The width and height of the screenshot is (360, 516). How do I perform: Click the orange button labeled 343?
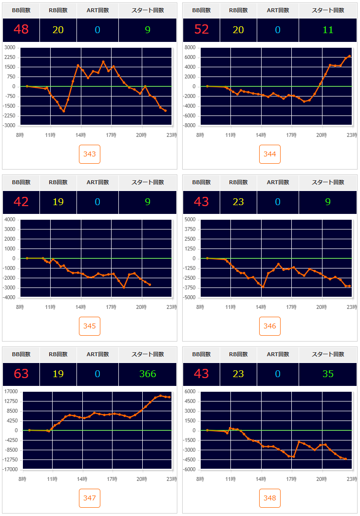[90, 154]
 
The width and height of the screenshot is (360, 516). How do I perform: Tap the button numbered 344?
[270, 154]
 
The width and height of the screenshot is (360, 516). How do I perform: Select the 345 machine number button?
[90, 326]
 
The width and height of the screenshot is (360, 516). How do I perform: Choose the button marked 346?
[270, 326]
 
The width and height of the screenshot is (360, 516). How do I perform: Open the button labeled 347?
[90, 498]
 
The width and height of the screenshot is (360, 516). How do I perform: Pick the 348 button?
[270, 498]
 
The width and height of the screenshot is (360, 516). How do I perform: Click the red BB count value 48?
[21, 30]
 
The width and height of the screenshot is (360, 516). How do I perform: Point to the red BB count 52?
[202, 30]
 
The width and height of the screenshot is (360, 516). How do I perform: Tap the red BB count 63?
[21, 374]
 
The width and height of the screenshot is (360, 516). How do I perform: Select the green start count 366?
[148, 374]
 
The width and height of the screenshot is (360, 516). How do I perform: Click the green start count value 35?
[328, 374]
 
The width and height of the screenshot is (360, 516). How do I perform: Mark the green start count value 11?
[328, 30]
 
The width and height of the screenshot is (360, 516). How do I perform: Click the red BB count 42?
[21, 202]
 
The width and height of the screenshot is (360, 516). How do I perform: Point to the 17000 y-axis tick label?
[11, 391]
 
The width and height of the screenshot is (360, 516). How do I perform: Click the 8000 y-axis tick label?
[190, 47]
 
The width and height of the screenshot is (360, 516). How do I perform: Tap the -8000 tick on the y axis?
[189, 125]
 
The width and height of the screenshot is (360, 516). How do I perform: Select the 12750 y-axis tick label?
[11, 401]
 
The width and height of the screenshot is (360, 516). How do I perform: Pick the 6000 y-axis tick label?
[190, 391]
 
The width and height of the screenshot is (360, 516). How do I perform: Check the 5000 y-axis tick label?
[190, 219]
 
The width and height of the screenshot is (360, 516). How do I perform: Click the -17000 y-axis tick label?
[10, 469]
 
